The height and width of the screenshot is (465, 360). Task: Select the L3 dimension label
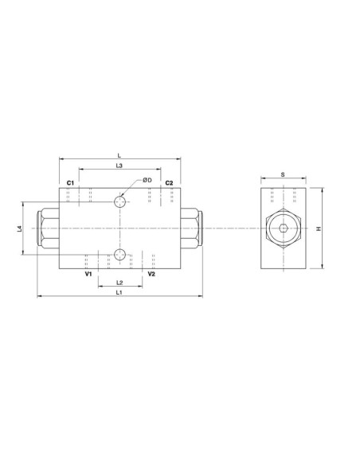(x=119, y=166)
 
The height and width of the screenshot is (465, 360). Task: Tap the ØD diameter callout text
(x=147, y=181)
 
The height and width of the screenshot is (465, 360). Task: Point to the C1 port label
(x=70, y=183)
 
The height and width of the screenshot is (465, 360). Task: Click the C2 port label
(x=169, y=183)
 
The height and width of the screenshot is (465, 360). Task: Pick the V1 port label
(x=88, y=274)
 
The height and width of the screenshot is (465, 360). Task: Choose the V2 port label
(x=151, y=274)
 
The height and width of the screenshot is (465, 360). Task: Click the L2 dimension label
(x=119, y=283)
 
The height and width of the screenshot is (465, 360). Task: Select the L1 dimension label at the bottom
(x=119, y=294)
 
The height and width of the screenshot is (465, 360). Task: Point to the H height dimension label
(x=318, y=229)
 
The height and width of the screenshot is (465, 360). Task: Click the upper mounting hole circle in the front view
(x=119, y=201)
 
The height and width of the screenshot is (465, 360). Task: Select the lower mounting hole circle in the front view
(x=119, y=255)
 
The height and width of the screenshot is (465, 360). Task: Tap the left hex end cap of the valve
(x=48, y=229)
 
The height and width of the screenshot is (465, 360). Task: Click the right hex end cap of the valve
(x=191, y=229)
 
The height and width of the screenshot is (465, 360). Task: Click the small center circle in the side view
(x=283, y=229)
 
